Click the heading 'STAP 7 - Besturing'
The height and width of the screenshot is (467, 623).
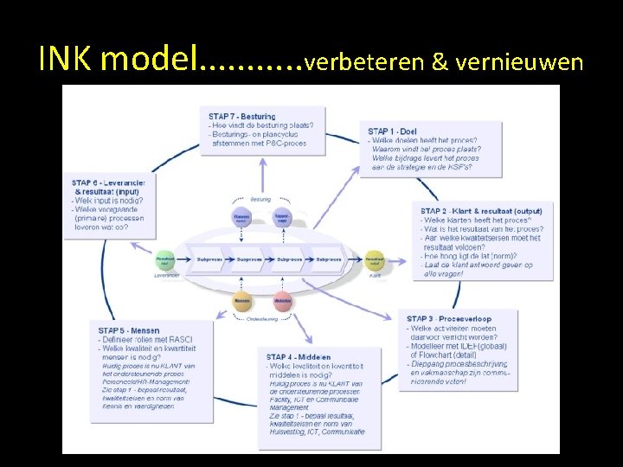click(x=242, y=116)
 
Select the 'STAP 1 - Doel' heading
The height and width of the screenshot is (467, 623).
click(x=392, y=131)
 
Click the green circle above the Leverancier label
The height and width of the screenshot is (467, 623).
click(x=165, y=259)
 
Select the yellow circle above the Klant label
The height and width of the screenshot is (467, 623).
click(x=374, y=259)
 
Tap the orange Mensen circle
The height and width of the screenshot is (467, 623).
click(x=242, y=302)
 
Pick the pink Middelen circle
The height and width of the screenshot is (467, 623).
click(x=282, y=302)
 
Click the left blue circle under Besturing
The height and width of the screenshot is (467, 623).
click(x=242, y=220)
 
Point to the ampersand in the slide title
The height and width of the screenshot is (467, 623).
click(x=440, y=62)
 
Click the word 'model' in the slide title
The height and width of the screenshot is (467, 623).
click(x=149, y=59)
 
